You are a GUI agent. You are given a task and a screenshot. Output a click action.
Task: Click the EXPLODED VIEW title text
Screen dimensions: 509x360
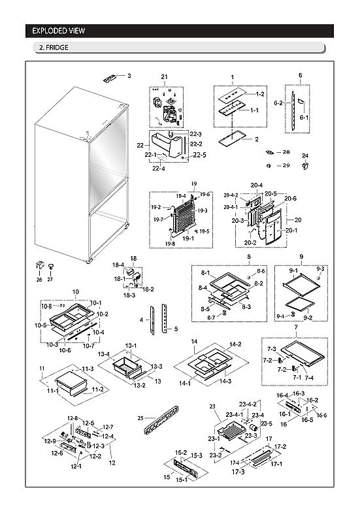pos(59,31)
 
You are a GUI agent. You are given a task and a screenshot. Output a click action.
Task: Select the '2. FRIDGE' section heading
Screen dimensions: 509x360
pos(54,48)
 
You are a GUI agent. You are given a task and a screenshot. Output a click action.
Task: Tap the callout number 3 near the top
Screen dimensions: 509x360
pos(129,76)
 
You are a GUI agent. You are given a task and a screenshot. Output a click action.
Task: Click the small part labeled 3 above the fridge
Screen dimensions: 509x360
pos(110,78)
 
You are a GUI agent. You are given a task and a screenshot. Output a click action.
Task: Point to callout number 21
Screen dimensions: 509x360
pos(165,78)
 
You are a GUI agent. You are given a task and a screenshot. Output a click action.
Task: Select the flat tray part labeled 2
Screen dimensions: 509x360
pos(229,139)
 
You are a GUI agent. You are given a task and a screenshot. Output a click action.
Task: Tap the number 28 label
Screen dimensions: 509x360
pos(286,152)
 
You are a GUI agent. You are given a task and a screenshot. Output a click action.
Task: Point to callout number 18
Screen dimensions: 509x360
pos(133,259)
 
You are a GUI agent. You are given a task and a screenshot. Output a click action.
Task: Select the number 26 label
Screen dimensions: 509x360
pos(39,280)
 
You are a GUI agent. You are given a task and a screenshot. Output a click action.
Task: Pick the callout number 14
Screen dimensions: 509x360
pos(194,342)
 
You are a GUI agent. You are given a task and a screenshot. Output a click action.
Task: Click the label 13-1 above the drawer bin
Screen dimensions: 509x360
pos(131,346)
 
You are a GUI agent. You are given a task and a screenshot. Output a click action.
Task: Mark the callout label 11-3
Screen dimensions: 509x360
pos(88,369)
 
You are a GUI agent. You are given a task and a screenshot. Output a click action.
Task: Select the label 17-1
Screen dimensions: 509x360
pos(276,464)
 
